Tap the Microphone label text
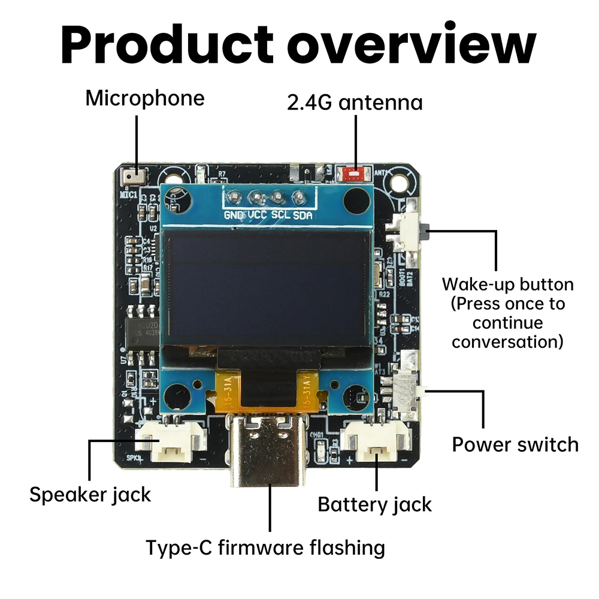point(144,98)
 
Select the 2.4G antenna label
point(355,102)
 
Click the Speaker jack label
point(90,495)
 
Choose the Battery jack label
point(374,504)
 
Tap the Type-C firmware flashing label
point(265,547)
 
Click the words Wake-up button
point(507,284)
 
